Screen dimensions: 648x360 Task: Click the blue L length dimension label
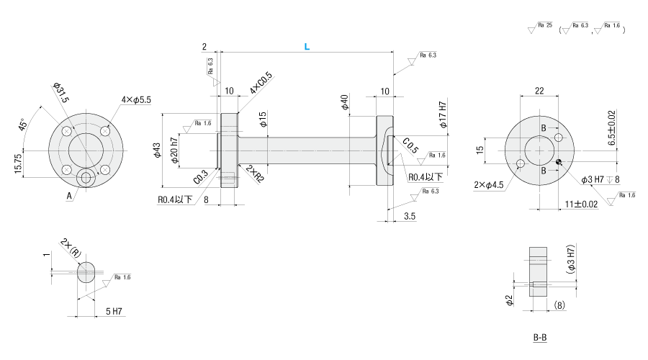click(x=307, y=47)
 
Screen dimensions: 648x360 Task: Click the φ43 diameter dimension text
click(x=157, y=150)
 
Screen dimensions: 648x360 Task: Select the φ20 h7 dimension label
click(x=174, y=150)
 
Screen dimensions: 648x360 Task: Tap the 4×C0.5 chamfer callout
click(x=261, y=83)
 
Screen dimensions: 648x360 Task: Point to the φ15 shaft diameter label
click(x=263, y=119)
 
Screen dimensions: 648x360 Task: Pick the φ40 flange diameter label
click(x=344, y=102)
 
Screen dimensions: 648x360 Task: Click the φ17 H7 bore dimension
click(x=443, y=114)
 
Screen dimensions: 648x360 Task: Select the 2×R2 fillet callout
click(x=255, y=174)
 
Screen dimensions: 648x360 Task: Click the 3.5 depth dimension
click(x=410, y=216)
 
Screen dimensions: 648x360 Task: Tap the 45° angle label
click(x=23, y=125)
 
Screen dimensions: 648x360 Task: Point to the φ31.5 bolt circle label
click(x=60, y=93)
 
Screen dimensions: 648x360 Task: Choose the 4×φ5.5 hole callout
click(x=136, y=99)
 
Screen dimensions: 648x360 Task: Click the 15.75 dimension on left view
click(x=18, y=163)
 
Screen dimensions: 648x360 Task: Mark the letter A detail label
click(x=69, y=197)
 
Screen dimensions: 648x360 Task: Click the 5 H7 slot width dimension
click(x=114, y=311)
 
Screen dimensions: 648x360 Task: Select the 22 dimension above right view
click(x=539, y=91)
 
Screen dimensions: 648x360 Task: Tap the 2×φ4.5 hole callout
click(x=488, y=185)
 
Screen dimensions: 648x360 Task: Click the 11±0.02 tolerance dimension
click(x=581, y=204)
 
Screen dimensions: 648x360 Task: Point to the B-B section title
click(x=540, y=338)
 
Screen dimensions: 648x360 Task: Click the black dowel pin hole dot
click(x=558, y=161)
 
